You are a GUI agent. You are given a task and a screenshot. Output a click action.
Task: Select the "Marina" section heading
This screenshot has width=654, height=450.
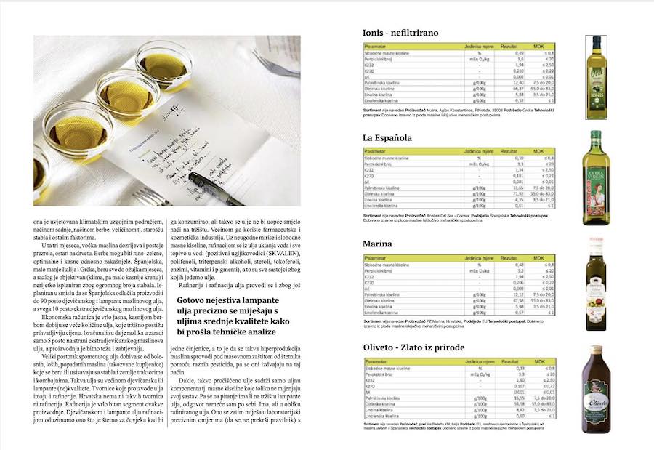tap(377, 244)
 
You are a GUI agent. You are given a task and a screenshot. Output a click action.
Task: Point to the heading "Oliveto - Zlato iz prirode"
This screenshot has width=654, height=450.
tap(413, 347)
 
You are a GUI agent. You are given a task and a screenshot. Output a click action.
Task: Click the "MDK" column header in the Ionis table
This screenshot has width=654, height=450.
tap(538, 46)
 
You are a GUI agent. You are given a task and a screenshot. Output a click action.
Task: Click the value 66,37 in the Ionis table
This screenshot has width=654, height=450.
tap(518, 89)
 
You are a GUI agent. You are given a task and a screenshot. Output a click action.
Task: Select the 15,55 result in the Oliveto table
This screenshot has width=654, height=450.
tap(518, 398)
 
